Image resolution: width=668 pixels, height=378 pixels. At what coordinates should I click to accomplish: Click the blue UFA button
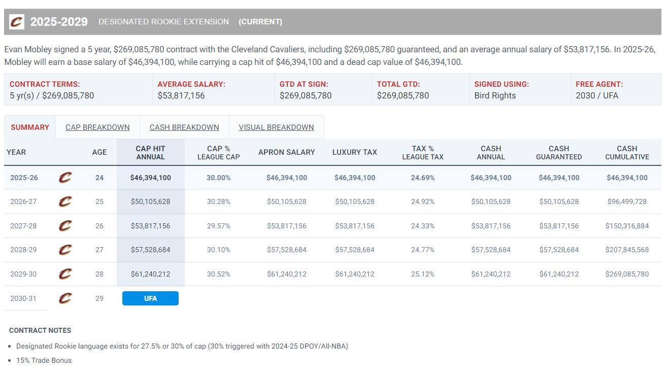coord(150,298)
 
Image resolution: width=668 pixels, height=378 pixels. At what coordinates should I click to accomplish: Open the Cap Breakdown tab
coord(97,127)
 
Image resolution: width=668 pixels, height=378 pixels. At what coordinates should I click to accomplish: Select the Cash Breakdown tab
coord(184,127)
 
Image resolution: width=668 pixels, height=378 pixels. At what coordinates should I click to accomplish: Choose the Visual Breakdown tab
coord(276,127)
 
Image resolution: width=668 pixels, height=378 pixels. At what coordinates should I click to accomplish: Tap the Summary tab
coord(30,127)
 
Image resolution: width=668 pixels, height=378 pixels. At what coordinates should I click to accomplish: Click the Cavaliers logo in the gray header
coord(17,22)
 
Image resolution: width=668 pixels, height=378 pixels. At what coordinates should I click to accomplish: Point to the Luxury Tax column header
coord(354,152)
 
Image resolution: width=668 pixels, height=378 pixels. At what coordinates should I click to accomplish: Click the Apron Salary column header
coord(286,152)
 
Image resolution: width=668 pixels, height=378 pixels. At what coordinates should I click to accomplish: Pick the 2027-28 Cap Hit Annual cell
coord(150,226)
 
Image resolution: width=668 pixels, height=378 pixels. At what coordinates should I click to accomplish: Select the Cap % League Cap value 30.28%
coord(218,201)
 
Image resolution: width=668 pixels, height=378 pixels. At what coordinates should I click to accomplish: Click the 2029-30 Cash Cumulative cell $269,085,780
coord(627,274)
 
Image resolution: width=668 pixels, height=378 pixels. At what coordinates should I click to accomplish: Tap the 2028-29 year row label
coord(23,250)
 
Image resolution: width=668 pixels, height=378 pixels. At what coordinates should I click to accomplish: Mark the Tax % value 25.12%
coord(422,274)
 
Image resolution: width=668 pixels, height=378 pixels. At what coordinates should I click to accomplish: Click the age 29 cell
coord(99,298)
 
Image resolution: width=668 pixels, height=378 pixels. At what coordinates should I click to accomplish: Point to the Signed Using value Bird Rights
coord(495,95)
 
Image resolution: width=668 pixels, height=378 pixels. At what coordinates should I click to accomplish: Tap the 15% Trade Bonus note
coord(44,360)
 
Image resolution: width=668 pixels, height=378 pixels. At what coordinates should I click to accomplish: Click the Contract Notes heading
coord(40,330)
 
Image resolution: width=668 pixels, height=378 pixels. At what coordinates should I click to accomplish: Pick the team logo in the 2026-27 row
coord(65,201)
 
